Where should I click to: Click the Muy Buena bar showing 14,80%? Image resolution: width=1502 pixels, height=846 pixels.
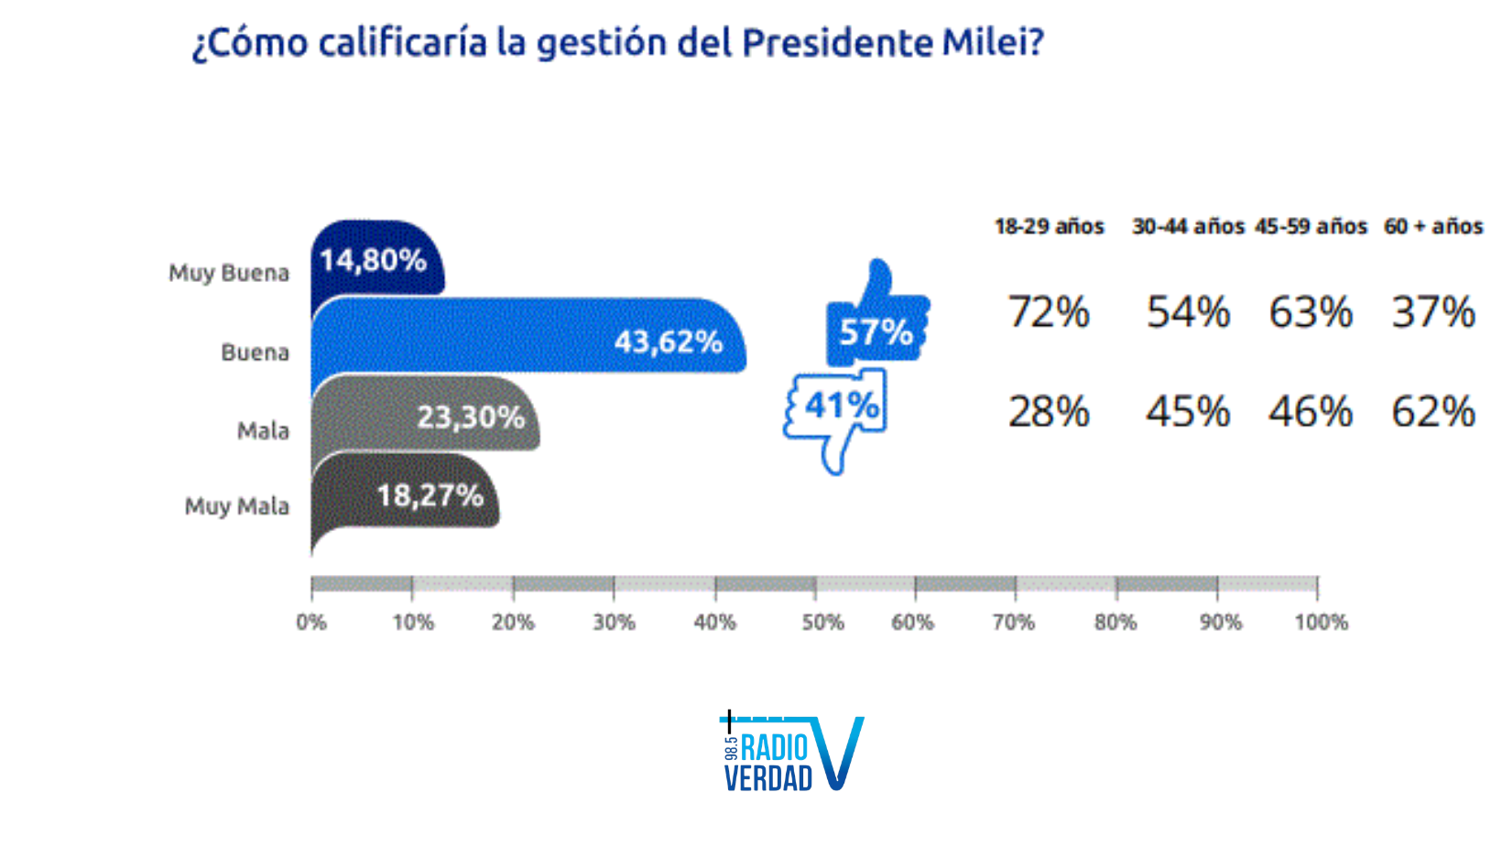click(x=376, y=259)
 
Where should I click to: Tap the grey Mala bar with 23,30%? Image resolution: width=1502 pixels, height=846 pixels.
click(x=425, y=415)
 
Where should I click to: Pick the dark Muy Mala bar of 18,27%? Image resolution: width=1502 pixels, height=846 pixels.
click(x=405, y=494)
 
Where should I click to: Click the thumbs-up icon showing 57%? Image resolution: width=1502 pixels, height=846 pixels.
click(x=876, y=320)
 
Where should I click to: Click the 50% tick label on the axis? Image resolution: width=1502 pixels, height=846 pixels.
click(x=822, y=623)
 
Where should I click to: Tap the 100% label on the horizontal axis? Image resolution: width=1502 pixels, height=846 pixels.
click(x=1321, y=623)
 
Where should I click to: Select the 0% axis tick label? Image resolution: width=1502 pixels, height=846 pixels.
click(x=311, y=623)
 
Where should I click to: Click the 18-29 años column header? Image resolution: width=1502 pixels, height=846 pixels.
click(x=1050, y=226)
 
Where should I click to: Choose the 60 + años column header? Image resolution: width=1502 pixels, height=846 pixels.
click(x=1433, y=226)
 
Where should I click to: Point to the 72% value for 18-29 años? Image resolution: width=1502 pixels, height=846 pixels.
click(x=1049, y=312)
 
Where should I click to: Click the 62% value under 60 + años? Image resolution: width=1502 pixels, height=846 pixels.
click(x=1433, y=412)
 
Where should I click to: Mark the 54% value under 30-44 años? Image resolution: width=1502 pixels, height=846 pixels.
click(x=1188, y=312)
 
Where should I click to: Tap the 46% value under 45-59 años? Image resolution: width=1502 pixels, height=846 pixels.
click(x=1311, y=412)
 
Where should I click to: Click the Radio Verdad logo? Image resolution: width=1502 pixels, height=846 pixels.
click(x=793, y=754)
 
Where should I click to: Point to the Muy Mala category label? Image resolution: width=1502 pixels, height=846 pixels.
click(x=236, y=506)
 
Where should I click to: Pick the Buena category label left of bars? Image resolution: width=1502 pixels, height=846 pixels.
click(x=255, y=352)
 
